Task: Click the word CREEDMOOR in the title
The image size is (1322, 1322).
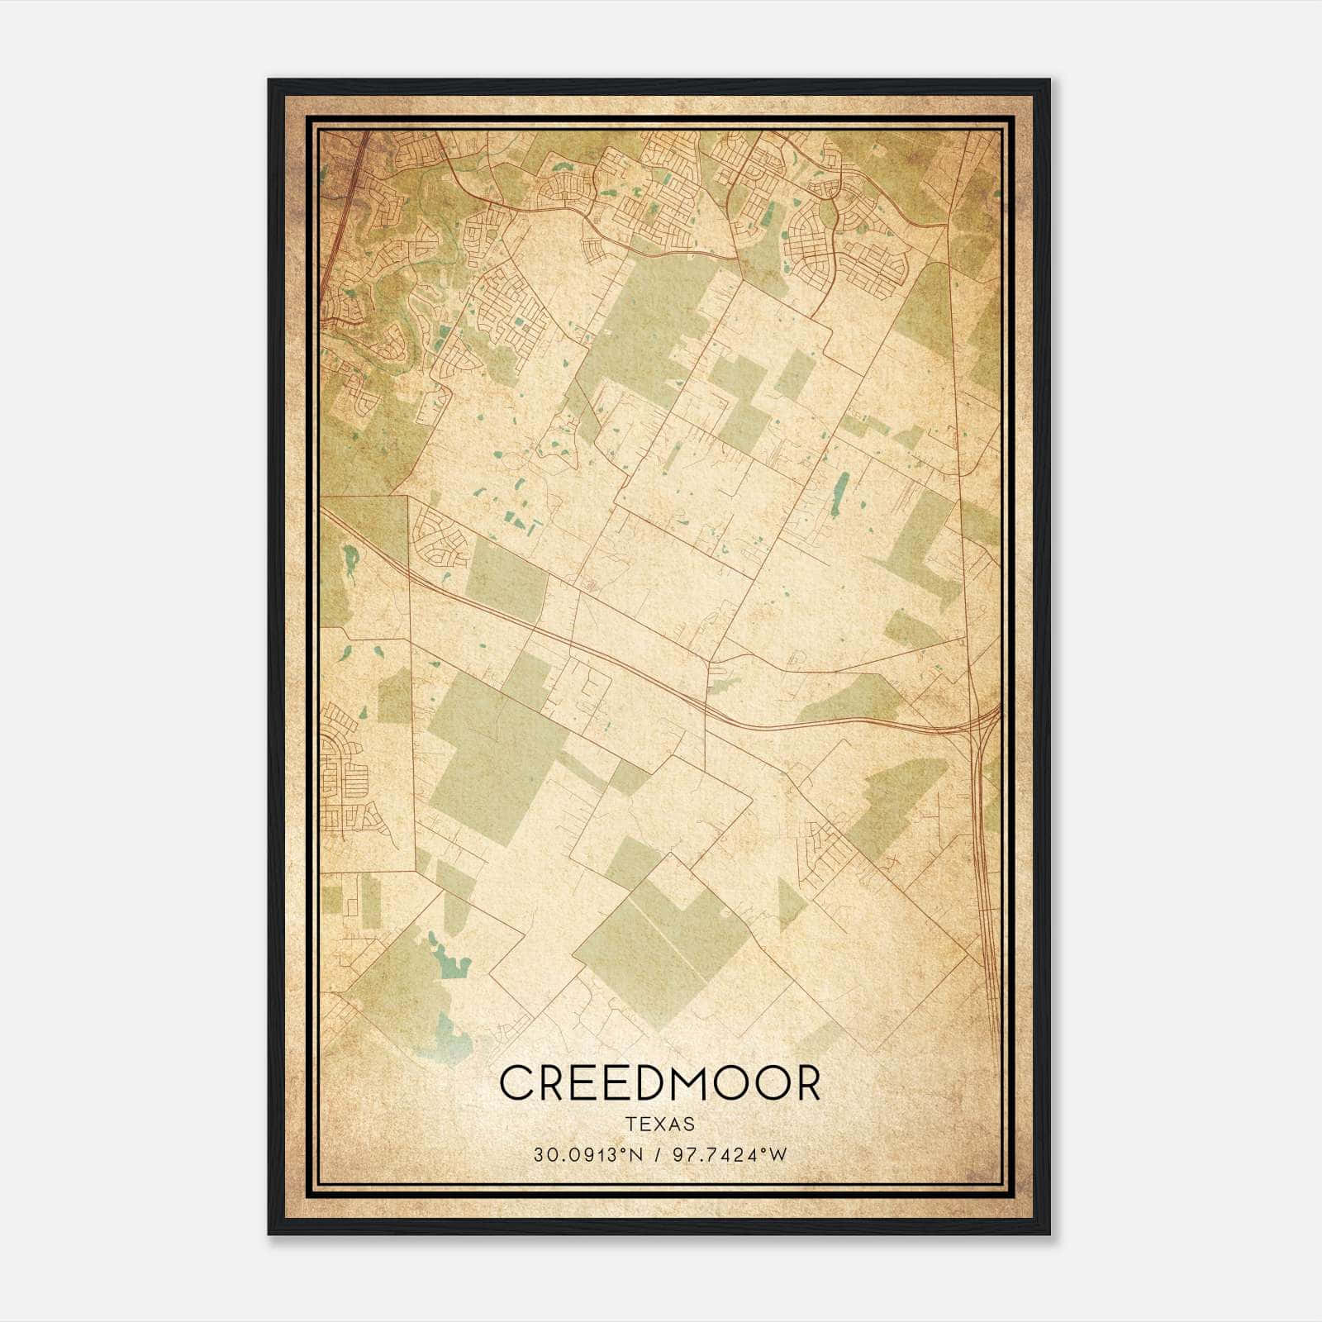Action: pos(660,1083)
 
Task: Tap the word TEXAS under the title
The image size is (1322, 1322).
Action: pos(660,1125)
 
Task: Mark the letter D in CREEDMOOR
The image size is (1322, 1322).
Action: pos(646,1083)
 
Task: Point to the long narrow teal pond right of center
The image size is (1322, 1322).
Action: pos(841,494)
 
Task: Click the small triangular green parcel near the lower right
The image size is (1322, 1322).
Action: pos(789,904)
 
